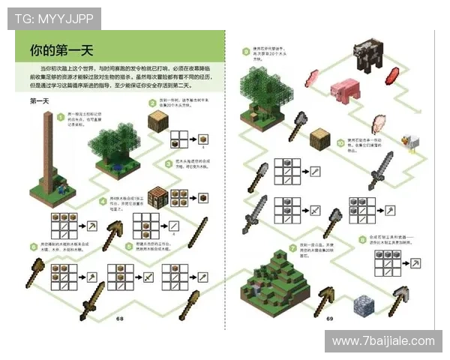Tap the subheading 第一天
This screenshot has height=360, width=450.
39,100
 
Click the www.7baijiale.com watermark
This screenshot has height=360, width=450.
383,341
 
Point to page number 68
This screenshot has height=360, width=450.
120,319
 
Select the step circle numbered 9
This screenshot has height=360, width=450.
245,52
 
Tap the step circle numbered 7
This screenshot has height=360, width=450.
292,247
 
